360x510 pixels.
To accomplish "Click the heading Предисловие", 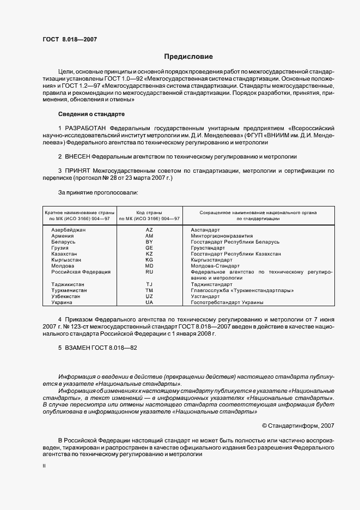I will (188, 57).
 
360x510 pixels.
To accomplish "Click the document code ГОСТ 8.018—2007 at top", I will (69, 39).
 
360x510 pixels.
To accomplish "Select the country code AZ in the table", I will (149, 230).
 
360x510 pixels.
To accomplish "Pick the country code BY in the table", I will (149, 241).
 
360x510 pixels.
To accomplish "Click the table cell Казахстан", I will (64, 254).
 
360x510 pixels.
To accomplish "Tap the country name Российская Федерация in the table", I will (81, 271).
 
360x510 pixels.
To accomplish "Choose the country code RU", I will (149, 271).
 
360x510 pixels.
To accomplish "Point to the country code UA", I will (149, 302).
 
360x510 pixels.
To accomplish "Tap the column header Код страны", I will (149, 212).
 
